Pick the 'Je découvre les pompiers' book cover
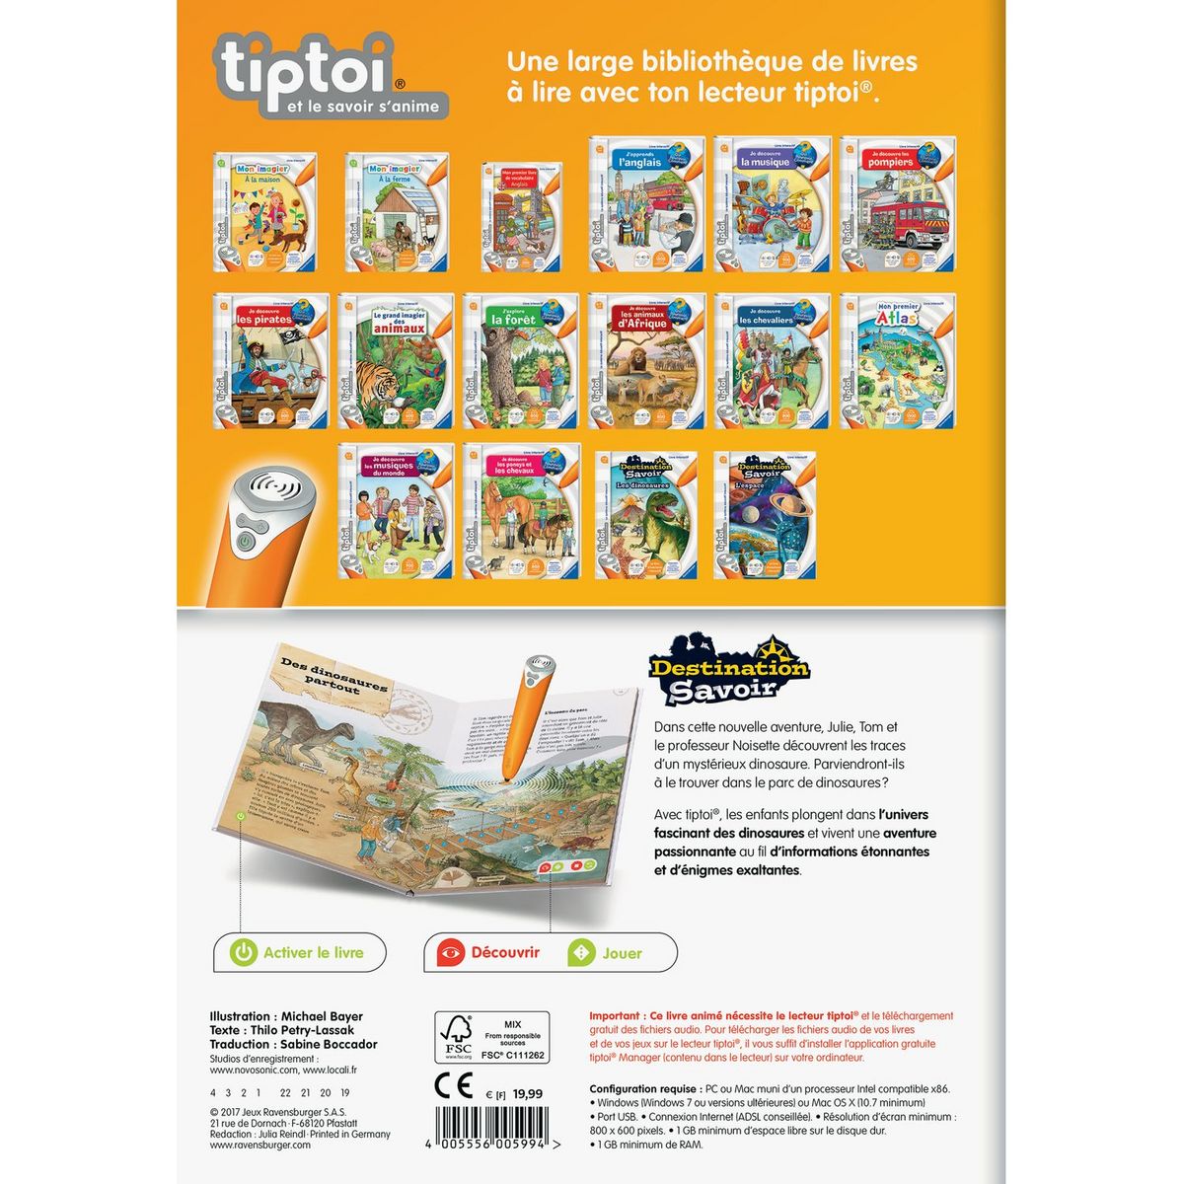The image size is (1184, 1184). (x=898, y=205)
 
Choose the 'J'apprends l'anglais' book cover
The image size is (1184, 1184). (x=647, y=205)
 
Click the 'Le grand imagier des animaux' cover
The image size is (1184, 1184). (x=395, y=361)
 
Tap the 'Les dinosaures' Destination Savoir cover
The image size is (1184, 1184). (x=646, y=514)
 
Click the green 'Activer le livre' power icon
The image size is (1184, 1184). (x=243, y=952)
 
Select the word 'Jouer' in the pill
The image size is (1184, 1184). (x=622, y=953)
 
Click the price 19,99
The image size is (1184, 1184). (x=528, y=1094)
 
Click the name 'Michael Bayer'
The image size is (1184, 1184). (x=322, y=1016)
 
